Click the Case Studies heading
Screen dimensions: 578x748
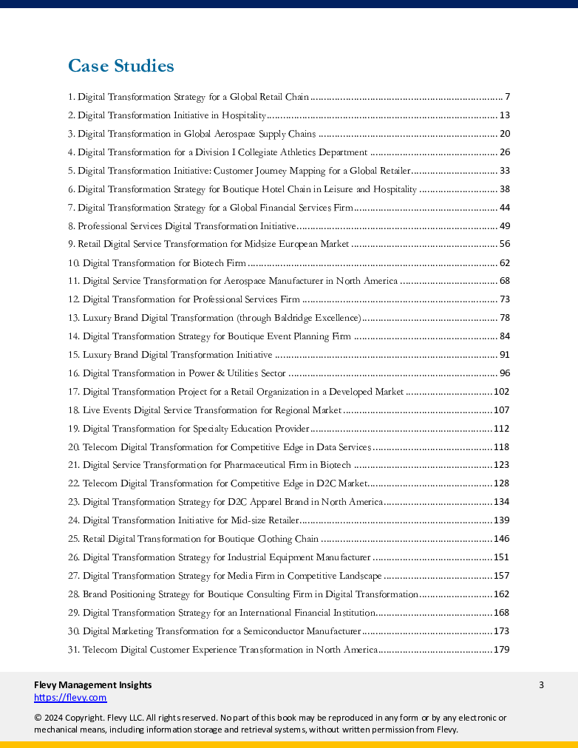(121, 67)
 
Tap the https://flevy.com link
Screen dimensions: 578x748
(70, 697)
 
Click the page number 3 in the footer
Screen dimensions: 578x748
(541, 684)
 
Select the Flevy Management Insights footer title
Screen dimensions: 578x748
(93, 684)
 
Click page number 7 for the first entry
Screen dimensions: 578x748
(508, 97)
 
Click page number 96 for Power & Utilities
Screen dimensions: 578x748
(505, 373)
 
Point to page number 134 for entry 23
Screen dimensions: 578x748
(502, 502)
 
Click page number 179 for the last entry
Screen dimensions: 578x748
(502, 650)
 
